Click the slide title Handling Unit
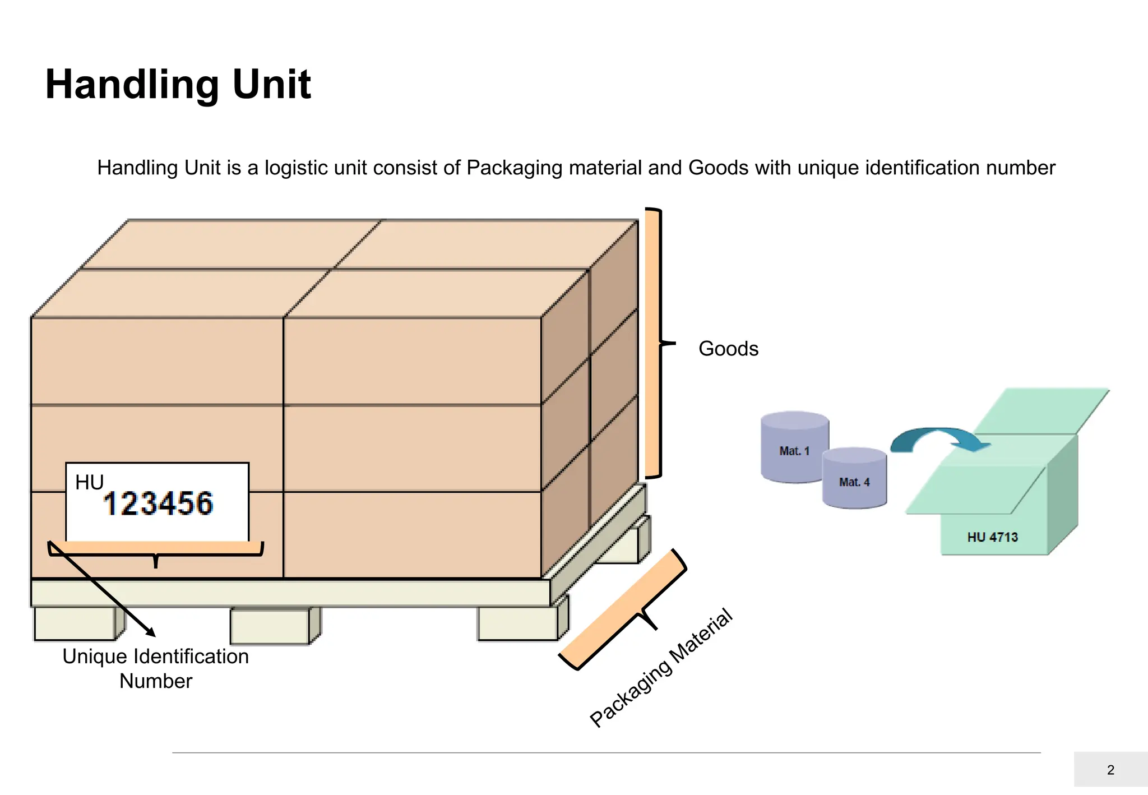pyautogui.click(x=178, y=85)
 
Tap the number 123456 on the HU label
pyautogui.click(x=158, y=503)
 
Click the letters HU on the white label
pyautogui.click(x=89, y=482)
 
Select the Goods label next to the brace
pyautogui.click(x=728, y=349)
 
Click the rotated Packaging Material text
pyautogui.click(x=661, y=668)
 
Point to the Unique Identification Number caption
pyautogui.click(x=155, y=668)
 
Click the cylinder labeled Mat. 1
pyautogui.click(x=794, y=449)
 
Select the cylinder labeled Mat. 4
pyautogui.click(x=854, y=480)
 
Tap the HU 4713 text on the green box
pyautogui.click(x=992, y=537)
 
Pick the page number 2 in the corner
pyautogui.click(x=1110, y=770)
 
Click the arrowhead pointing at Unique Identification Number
pyautogui.click(x=150, y=632)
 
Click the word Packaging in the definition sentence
pyautogui.click(x=514, y=168)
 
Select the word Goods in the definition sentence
pyautogui.click(x=718, y=168)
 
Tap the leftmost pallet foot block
pyautogui.click(x=75, y=623)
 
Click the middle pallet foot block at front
pyautogui.click(x=270, y=626)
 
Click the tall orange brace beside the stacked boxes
pyautogui.click(x=652, y=343)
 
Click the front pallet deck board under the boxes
pyautogui.click(x=290, y=593)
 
